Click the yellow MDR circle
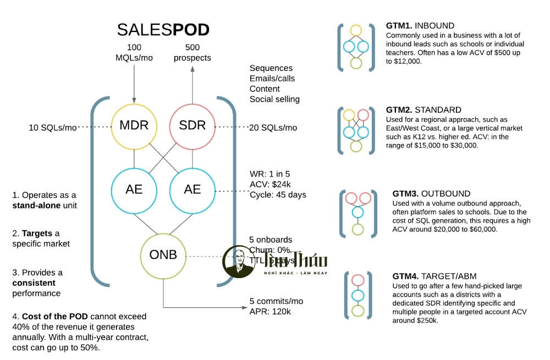(x=134, y=125)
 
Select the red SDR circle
(x=193, y=125)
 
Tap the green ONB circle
(x=163, y=256)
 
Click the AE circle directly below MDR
(x=134, y=190)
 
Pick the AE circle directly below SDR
(x=193, y=190)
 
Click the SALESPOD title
(x=163, y=30)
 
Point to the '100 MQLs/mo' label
(x=134, y=52)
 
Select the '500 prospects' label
(x=193, y=52)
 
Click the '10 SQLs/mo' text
(x=53, y=128)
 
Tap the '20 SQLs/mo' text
(x=273, y=128)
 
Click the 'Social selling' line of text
(x=274, y=99)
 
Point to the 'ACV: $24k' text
(x=271, y=184)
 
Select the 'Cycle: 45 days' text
(x=278, y=195)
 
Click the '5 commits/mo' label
(x=276, y=301)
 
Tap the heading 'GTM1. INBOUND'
(x=420, y=25)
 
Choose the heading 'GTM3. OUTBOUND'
(x=431, y=193)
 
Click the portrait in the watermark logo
(x=238, y=261)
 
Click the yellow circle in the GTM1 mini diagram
(x=356, y=30)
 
